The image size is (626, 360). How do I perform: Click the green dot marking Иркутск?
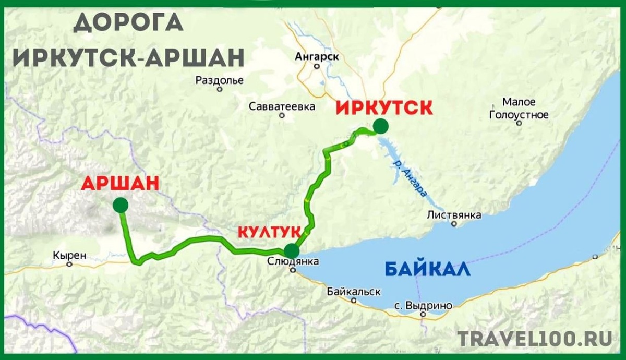click(381, 126)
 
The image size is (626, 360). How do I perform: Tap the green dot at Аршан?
click(121, 205)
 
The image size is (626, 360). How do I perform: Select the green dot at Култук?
click(292, 250)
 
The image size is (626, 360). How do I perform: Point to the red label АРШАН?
click(120, 183)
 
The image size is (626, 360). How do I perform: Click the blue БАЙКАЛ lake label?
click(427, 270)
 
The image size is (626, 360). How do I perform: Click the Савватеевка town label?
click(282, 106)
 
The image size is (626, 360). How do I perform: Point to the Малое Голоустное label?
click(519, 108)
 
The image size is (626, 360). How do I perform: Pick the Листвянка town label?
click(454, 214)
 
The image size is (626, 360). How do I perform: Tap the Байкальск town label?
click(354, 292)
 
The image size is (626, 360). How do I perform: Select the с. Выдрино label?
click(423, 305)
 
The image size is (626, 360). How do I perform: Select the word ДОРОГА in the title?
click(128, 23)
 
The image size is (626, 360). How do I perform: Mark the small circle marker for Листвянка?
click(454, 224)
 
